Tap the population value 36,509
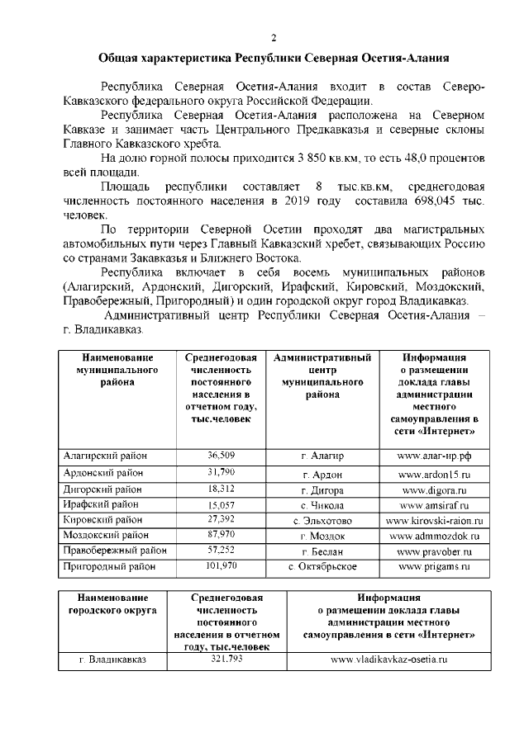pos(222,456)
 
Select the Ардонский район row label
pos(103,474)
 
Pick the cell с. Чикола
pos(322,505)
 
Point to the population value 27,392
pos(222,520)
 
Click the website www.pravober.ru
pos(433,551)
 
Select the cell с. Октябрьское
pos(322,567)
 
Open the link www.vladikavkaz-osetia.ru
pos(388,660)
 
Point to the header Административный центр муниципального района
pos(322,376)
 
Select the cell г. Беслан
pos(322,551)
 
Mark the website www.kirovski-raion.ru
pos(433,521)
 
